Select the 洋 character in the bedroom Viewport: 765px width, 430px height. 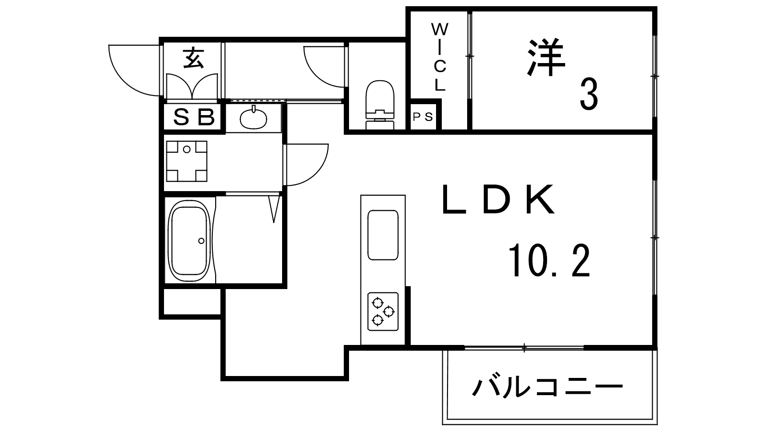click(546, 58)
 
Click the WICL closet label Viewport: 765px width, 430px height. click(439, 57)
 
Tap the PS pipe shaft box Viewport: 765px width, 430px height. click(423, 117)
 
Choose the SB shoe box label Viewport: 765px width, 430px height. click(193, 117)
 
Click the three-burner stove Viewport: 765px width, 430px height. click(383, 311)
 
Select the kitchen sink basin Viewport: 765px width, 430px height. click(382, 235)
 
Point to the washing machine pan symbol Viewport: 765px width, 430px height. click(186, 161)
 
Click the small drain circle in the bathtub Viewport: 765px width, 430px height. click(201, 240)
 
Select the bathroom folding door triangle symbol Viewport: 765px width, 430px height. click(273, 208)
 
